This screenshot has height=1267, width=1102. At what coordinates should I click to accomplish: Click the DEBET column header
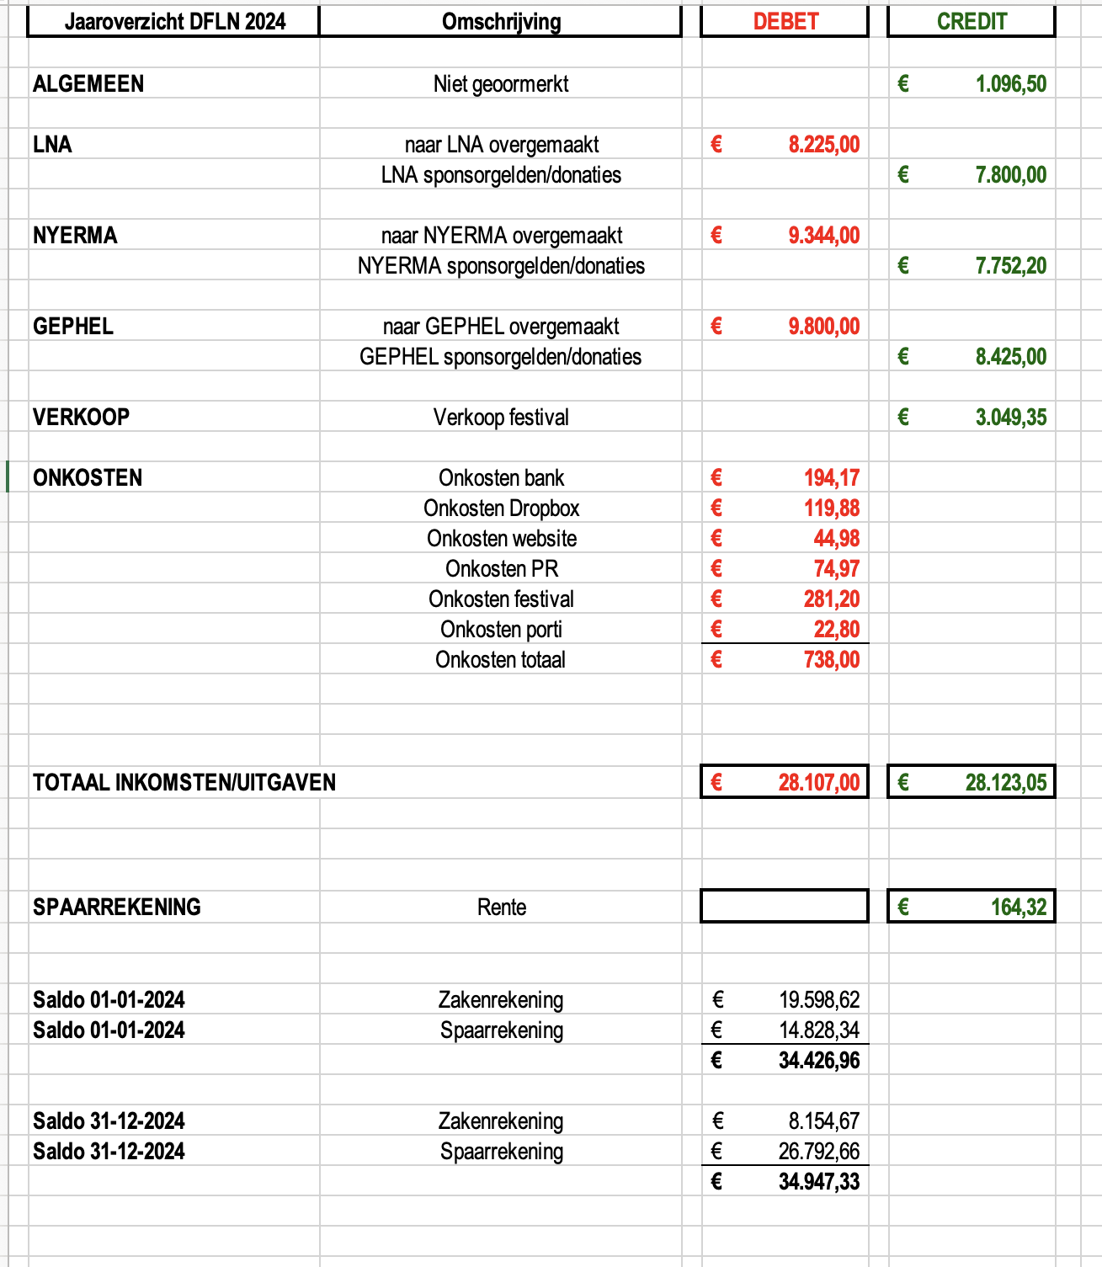(785, 22)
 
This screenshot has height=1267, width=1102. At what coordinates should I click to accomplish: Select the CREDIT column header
(972, 22)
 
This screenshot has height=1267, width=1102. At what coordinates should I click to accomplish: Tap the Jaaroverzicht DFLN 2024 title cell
(174, 22)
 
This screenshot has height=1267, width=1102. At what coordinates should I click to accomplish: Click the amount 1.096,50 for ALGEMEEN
(1010, 84)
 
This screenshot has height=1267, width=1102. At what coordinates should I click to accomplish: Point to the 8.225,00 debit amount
(823, 145)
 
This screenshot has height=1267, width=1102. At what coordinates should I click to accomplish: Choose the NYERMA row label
(75, 236)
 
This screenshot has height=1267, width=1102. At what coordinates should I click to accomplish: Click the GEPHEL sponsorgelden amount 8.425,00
(1010, 357)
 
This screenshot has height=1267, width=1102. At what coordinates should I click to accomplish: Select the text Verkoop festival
(501, 418)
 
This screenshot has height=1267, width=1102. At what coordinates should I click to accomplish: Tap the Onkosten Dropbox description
(501, 508)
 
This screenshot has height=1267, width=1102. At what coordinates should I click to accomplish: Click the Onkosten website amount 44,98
(836, 539)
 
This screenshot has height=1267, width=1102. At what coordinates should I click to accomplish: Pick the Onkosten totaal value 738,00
(831, 660)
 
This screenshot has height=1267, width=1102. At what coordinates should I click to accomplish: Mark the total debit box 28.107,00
(785, 783)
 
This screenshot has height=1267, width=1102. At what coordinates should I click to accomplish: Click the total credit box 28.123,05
(972, 783)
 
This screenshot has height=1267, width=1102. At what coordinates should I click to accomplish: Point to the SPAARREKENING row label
(117, 908)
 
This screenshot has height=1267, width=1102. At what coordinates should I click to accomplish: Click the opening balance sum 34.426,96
(818, 1061)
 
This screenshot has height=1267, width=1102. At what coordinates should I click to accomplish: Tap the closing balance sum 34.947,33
(818, 1182)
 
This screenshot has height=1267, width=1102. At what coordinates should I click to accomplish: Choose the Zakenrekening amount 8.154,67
(823, 1121)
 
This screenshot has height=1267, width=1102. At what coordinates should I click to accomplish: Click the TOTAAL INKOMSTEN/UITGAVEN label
(184, 783)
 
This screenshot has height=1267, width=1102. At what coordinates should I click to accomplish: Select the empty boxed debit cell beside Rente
(785, 907)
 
